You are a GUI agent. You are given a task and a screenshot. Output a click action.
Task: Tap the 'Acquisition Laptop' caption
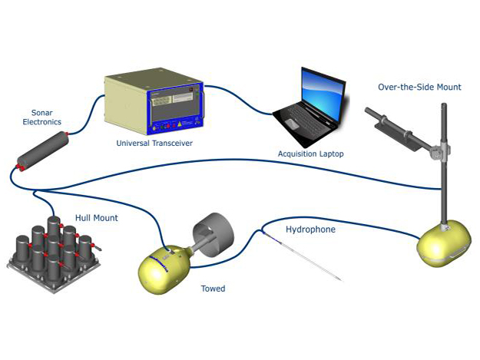310,154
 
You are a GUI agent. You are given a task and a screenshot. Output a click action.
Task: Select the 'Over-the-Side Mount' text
419,88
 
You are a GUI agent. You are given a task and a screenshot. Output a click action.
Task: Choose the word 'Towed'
213,289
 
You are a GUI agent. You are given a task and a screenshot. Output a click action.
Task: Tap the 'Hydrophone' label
310,229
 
